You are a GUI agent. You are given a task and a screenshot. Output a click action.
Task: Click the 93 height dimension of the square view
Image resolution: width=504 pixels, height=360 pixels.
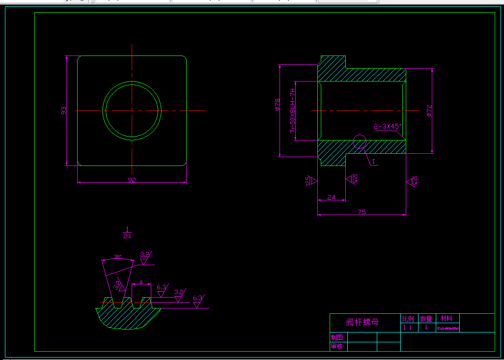pos(64,111)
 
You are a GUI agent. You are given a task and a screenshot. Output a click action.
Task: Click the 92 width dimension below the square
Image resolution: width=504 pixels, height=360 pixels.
pos(132,180)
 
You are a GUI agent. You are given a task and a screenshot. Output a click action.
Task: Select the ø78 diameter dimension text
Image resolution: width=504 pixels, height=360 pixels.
pos(278,105)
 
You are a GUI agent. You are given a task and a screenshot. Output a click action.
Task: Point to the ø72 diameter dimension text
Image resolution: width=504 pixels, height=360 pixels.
pos(429,111)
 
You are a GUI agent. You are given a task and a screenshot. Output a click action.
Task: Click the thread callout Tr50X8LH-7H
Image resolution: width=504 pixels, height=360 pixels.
pos(293,111)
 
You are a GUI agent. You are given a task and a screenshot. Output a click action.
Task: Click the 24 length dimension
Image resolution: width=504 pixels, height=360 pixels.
pos(331,197)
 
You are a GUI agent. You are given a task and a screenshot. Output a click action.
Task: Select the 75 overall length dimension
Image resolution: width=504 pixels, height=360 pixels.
pos(362,212)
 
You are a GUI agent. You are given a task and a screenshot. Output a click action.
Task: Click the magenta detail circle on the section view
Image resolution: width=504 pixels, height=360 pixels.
pos(360,141)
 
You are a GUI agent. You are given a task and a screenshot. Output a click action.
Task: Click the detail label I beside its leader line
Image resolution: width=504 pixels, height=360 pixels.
pos(373,161)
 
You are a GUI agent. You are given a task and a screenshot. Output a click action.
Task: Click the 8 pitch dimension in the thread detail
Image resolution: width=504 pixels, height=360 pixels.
pos(141,282)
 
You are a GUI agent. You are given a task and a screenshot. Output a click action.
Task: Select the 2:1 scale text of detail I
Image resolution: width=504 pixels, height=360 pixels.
pos(127,236)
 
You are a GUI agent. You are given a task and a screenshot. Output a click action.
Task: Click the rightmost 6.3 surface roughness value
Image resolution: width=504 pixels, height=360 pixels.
pos(197,298)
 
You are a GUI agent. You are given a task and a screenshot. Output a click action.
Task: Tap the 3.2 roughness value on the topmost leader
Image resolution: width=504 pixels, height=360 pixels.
pos(144,254)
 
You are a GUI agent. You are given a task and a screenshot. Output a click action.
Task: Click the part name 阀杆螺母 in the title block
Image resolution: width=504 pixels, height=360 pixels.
pos(363,323)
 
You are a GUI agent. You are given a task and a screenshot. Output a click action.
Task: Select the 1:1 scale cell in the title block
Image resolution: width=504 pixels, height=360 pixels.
pos(408,328)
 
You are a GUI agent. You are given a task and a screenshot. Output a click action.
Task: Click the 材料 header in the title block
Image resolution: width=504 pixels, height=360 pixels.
pos(447,318)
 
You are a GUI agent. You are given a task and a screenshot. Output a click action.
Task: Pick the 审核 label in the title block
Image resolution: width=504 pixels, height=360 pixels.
pos(337,346)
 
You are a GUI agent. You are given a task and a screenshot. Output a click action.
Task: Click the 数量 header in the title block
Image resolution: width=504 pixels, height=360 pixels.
pos(426,319)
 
